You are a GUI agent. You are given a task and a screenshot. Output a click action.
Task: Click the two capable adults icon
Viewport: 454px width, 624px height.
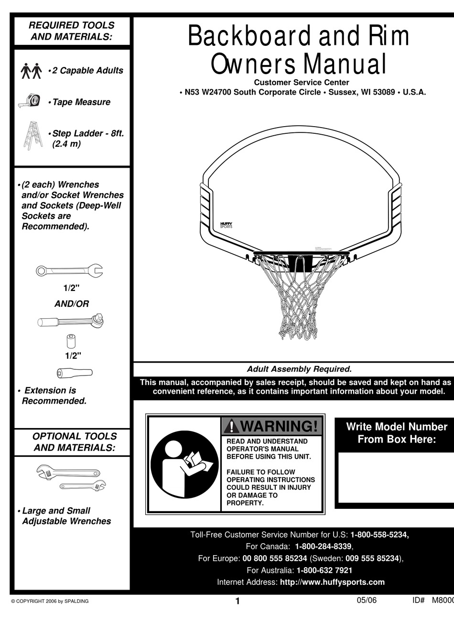click(x=32, y=71)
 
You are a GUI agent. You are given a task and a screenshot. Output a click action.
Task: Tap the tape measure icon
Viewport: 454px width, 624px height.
click(x=32, y=101)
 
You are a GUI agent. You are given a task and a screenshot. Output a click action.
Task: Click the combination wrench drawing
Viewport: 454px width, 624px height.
click(x=69, y=271)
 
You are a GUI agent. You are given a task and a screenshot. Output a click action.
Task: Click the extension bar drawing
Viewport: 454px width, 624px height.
click(x=75, y=373)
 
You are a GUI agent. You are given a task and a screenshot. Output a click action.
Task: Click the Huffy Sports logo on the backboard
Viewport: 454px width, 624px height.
click(x=226, y=225)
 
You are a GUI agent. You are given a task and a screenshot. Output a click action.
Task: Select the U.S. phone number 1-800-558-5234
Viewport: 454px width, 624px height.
click(x=379, y=535)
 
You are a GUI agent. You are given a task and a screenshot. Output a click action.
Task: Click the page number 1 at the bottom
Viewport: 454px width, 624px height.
click(x=238, y=602)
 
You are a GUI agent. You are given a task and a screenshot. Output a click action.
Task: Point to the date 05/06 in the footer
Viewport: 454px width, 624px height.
click(x=367, y=601)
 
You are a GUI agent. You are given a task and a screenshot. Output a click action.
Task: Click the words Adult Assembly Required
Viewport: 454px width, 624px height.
click(x=299, y=369)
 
